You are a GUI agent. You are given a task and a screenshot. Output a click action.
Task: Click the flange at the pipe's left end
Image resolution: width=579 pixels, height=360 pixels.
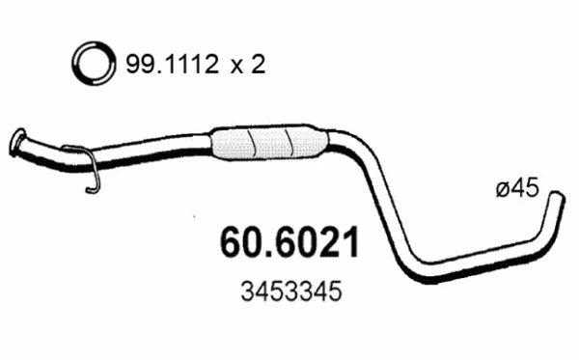pyautogui.click(x=18, y=141)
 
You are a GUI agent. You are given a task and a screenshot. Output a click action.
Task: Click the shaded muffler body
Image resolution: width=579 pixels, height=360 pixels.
pyautogui.click(x=265, y=143)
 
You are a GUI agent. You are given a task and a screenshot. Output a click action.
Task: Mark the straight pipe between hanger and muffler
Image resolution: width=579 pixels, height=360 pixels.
pyautogui.click(x=154, y=151)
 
